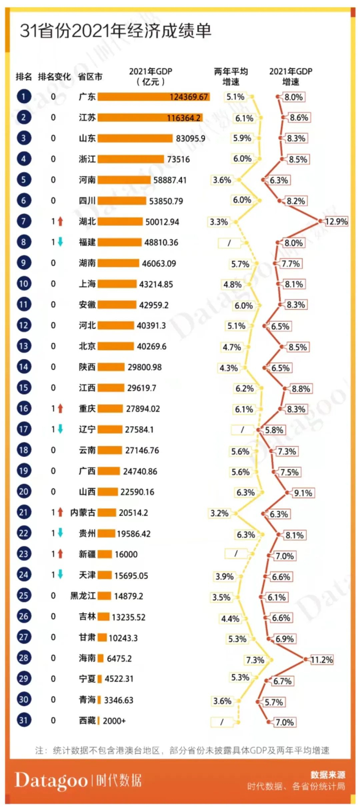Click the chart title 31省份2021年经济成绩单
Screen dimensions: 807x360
click(116, 31)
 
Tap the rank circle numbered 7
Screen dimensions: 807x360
click(24, 221)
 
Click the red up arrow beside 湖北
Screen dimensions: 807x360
click(60, 222)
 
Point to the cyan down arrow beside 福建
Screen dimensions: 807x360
click(60, 242)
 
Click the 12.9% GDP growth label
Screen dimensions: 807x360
click(336, 222)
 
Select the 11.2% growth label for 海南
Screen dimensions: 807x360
click(321, 659)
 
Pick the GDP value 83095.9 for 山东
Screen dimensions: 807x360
click(190, 138)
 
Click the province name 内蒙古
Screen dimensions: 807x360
click(83, 512)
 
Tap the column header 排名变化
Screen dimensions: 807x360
click(55, 77)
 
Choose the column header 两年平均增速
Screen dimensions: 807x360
click(231, 77)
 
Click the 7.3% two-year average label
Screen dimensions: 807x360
click(255, 660)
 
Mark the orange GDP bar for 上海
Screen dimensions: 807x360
click(118, 284)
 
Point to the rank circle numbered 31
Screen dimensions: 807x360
click(24, 720)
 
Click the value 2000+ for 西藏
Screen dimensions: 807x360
click(114, 721)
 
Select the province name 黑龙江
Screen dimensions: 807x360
click(83, 596)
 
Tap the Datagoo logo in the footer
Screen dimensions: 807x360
click(51, 780)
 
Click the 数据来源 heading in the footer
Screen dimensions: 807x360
click(328, 775)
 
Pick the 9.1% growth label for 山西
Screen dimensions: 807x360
click(303, 493)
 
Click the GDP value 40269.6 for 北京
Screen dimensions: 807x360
click(151, 346)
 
